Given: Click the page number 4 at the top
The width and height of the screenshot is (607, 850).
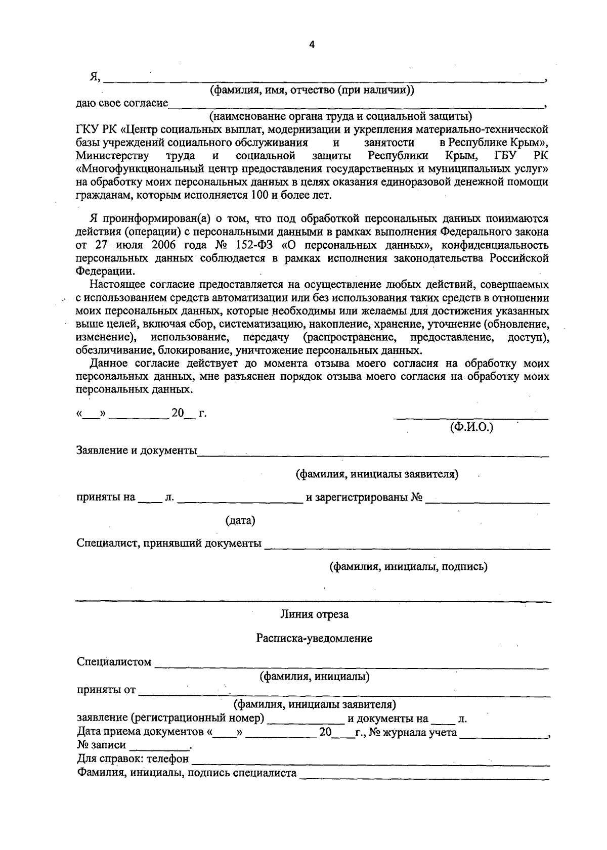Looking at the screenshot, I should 312,45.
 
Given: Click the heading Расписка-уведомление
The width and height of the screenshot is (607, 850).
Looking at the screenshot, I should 314,639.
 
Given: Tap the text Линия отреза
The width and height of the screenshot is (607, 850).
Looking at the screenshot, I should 314,615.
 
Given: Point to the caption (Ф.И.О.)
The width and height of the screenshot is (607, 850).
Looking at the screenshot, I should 471,427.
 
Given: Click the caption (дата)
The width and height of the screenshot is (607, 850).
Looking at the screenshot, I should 240,520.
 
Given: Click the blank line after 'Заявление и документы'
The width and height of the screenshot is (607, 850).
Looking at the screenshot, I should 373,453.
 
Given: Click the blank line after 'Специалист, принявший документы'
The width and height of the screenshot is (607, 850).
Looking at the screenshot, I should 407,546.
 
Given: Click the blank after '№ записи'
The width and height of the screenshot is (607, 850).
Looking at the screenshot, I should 160,747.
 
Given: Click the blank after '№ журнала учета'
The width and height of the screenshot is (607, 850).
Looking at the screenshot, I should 503,735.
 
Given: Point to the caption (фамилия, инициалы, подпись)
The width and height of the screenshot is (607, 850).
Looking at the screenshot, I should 408,567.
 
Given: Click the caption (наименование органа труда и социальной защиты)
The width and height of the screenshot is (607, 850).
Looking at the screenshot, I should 340,117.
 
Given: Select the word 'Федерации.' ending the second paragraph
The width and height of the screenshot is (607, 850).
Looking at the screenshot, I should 102,271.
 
